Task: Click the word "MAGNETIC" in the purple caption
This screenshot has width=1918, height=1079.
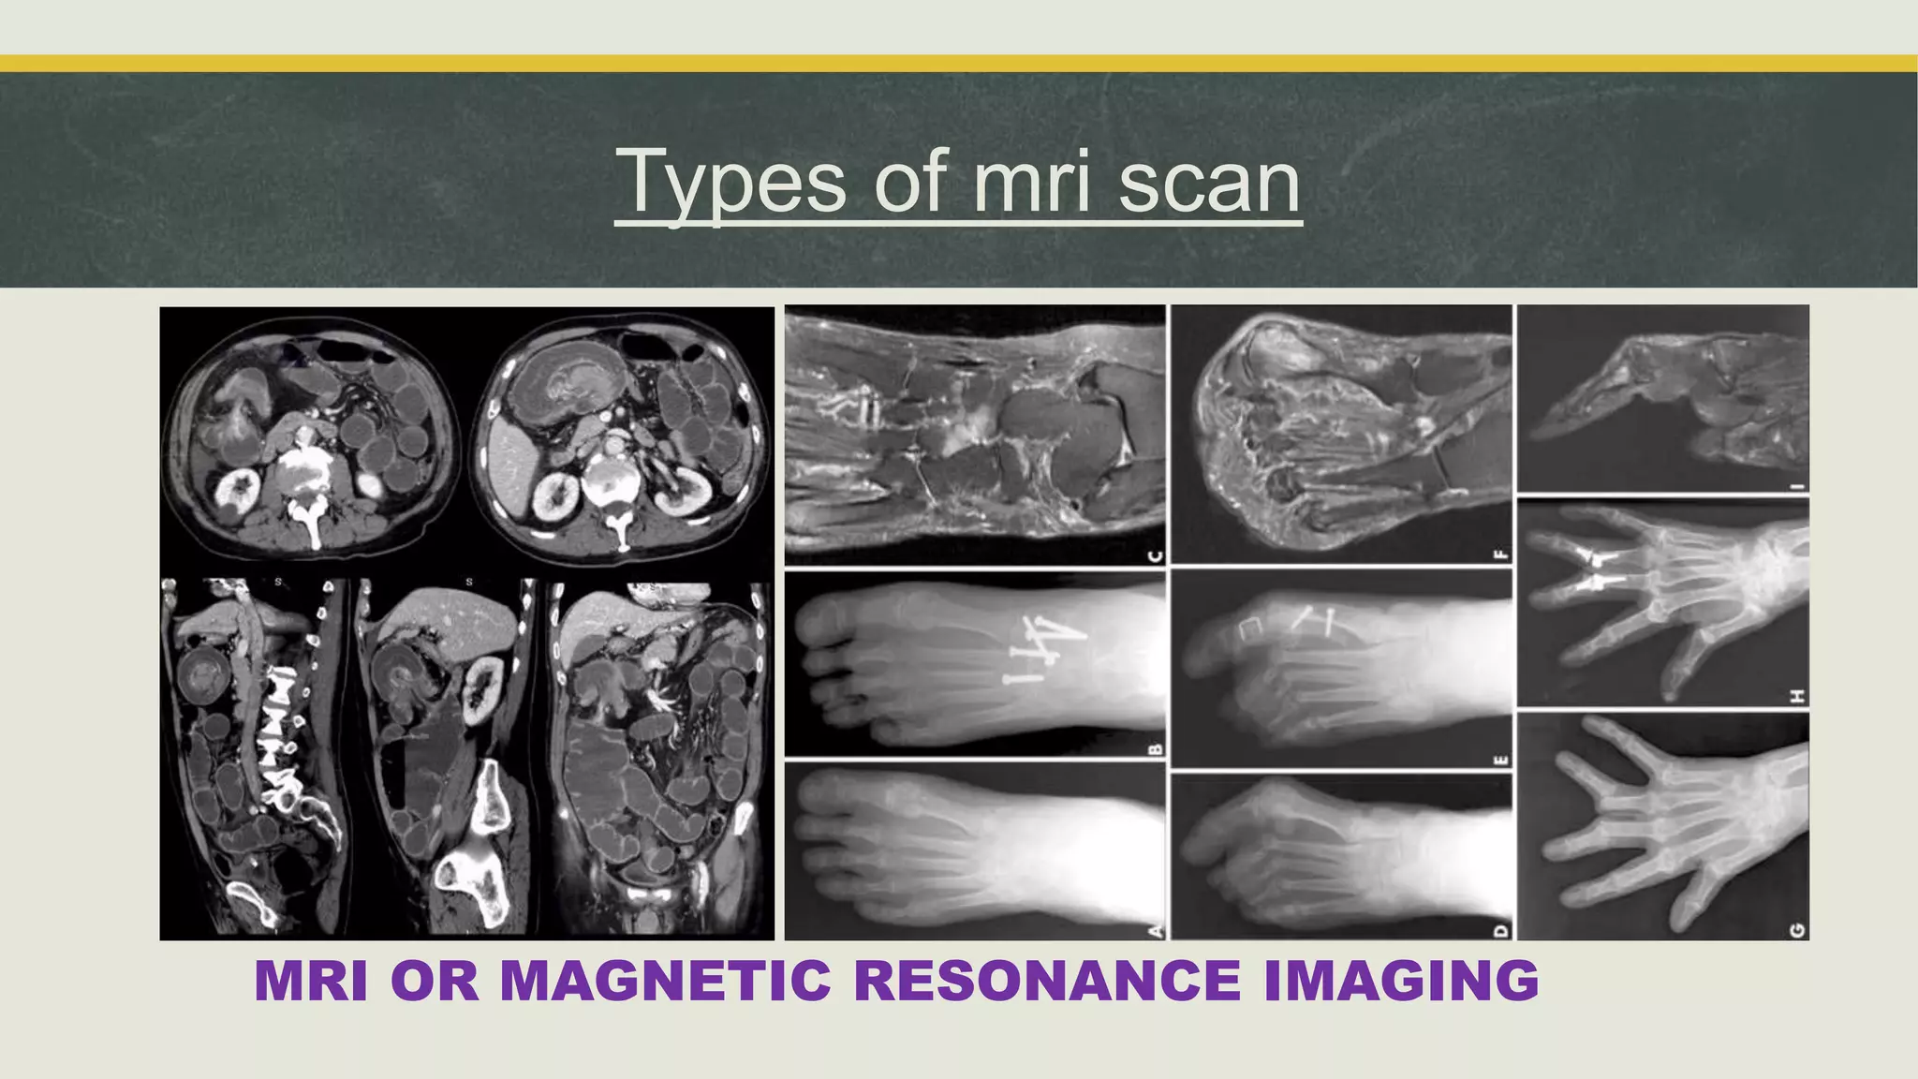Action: pyautogui.click(x=666, y=981)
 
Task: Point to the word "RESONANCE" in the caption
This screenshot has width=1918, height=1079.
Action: pyautogui.click(x=1047, y=981)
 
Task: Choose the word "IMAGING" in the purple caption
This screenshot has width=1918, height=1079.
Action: pyautogui.click(x=1401, y=981)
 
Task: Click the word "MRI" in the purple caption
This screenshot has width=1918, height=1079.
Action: pyautogui.click(x=311, y=981)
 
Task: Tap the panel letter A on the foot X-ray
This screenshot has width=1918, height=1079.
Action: pyautogui.click(x=1155, y=928)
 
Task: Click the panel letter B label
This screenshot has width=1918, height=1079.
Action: pyautogui.click(x=1155, y=746)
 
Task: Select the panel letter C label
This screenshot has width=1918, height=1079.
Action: pyautogui.click(x=1155, y=556)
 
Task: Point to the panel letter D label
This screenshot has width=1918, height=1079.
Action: pyautogui.click(x=1501, y=929)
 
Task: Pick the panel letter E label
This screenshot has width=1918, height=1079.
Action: pyautogui.click(x=1501, y=760)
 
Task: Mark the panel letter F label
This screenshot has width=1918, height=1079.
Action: pyautogui.click(x=1501, y=554)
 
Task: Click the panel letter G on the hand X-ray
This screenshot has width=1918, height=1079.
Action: pyautogui.click(x=1797, y=929)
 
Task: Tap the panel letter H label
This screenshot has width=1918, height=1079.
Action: pyautogui.click(x=1797, y=696)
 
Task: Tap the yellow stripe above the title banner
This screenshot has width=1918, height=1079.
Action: pyautogui.click(x=959, y=64)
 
